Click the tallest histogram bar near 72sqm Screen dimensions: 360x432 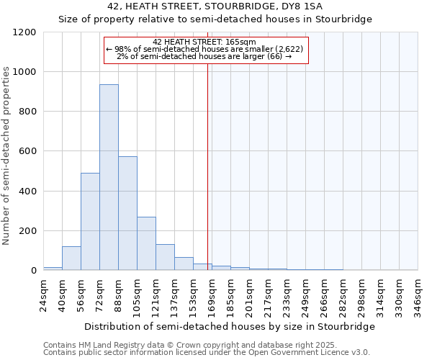(109, 177)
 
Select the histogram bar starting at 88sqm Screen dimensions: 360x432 (127, 213)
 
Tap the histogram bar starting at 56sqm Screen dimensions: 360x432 (90, 222)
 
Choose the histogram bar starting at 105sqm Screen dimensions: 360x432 (146, 243)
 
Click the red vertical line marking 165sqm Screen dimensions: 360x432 (207, 166)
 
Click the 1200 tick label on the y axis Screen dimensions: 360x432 (25, 32)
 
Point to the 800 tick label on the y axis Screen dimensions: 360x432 (28, 112)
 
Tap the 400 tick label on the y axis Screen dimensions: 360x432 (28, 192)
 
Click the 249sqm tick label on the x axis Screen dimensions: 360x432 (306, 295)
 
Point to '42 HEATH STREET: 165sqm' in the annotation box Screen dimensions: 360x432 (204, 42)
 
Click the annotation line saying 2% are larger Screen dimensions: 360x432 (204, 56)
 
